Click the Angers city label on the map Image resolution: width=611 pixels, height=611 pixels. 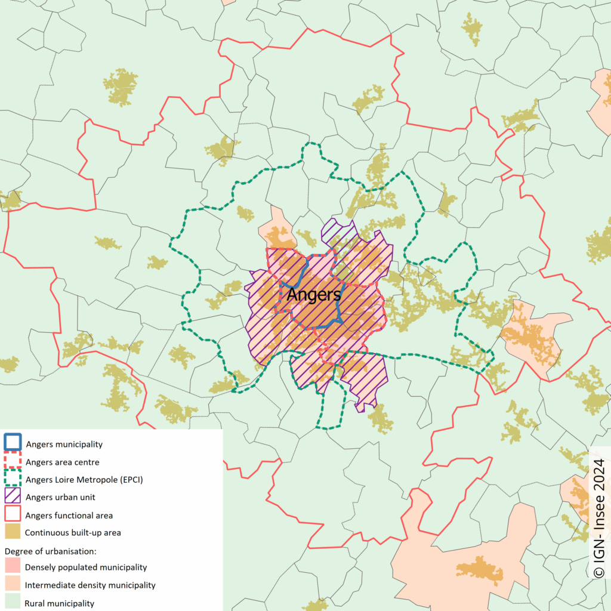tap(314, 294)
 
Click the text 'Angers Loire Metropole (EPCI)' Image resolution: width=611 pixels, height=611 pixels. tap(84, 479)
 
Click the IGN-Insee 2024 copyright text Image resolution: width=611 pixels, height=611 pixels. tap(599, 518)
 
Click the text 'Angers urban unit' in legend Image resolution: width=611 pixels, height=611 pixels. tap(60, 497)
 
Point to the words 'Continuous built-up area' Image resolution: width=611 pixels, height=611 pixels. tap(73, 532)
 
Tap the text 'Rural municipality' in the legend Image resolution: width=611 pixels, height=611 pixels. tap(60, 603)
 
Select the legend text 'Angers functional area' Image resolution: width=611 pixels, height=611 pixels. tap(69, 515)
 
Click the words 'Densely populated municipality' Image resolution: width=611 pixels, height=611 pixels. tap(86, 567)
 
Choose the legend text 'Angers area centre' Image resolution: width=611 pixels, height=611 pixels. tap(62, 462)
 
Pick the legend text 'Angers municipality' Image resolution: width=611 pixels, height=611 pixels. tap(64, 444)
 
